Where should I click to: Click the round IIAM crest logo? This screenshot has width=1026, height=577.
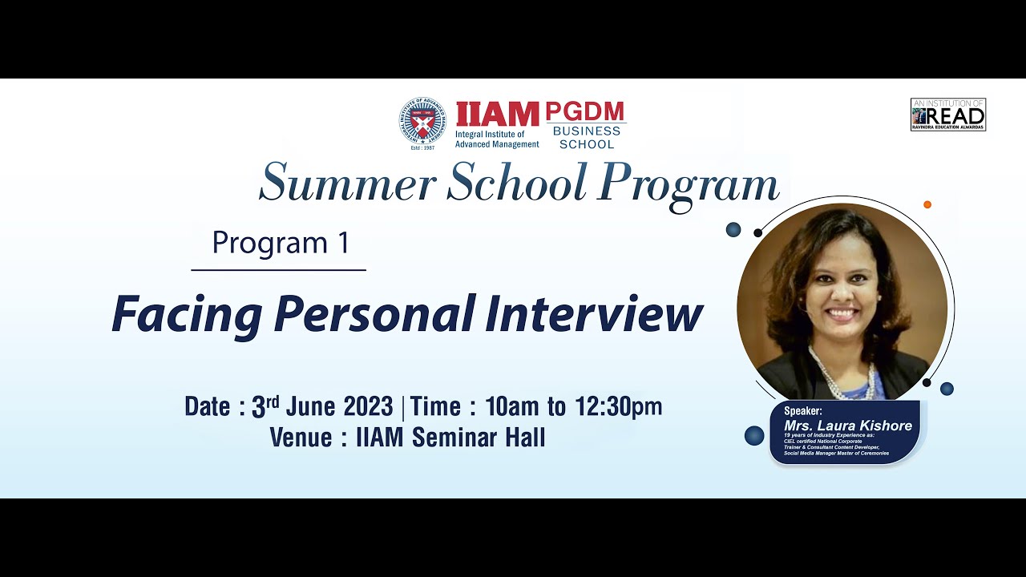click(x=422, y=122)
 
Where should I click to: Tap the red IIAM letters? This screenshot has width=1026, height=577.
click(x=497, y=115)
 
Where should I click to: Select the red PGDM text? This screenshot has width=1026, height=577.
click(x=585, y=112)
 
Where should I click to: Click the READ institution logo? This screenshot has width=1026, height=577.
click(x=947, y=115)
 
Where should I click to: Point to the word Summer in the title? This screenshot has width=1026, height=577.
click(x=347, y=183)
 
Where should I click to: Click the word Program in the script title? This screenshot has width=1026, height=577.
click(x=688, y=184)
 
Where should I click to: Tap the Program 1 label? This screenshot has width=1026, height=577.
click(x=281, y=243)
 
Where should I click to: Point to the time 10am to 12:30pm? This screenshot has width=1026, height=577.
click(x=573, y=406)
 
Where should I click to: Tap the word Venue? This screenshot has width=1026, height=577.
click(x=301, y=438)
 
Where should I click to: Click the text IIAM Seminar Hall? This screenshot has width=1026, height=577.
click(x=450, y=438)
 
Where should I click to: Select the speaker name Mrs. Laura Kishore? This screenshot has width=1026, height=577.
click(x=848, y=426)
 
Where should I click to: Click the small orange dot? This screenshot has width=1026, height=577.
click(x=927, y=204)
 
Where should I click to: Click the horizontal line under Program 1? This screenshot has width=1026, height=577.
click(x=278, y=270)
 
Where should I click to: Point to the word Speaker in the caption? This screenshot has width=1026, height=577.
click(x=803, y=411)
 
